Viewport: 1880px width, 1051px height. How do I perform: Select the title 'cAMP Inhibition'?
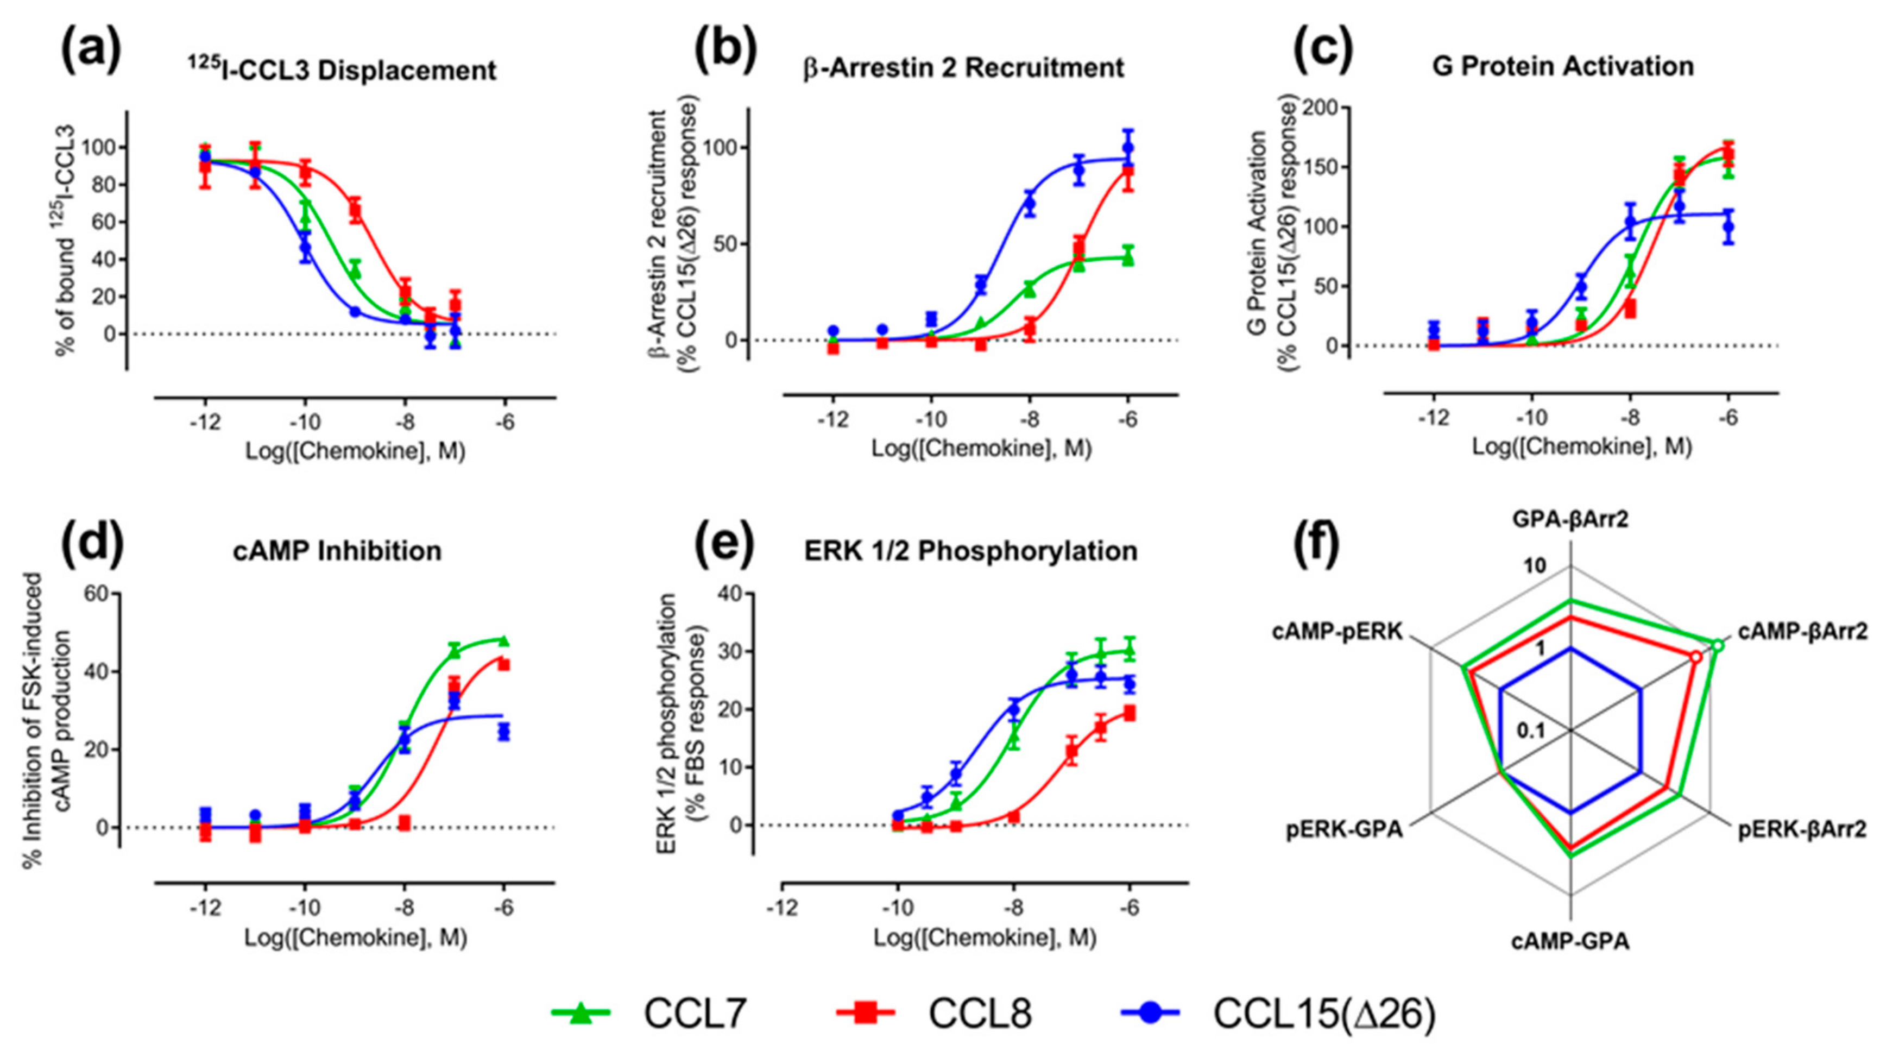tap(337, 551)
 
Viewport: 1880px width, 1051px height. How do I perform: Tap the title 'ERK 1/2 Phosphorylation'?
tap(970, 551)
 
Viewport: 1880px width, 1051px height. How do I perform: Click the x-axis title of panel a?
tap(355, 452)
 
